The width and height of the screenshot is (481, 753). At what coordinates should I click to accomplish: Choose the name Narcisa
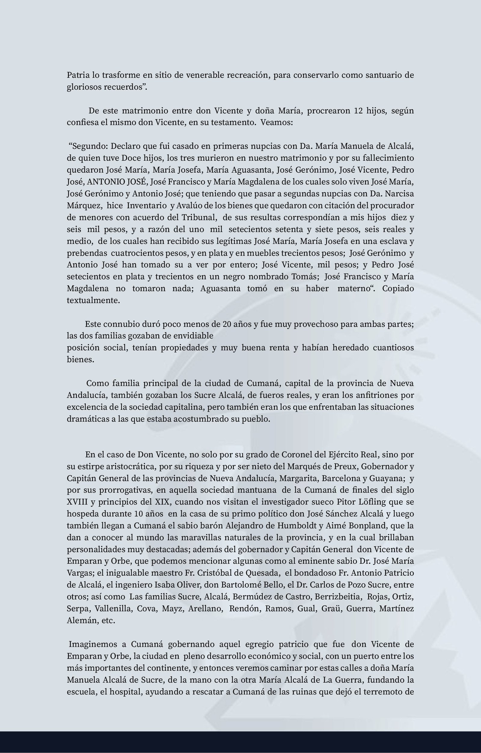coord(399,194)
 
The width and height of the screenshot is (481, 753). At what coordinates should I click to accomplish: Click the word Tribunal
coord(199,217)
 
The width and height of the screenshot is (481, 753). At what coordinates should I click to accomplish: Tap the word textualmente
coord(93,300)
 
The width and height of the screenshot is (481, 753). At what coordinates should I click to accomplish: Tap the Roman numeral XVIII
coord(77,502)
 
